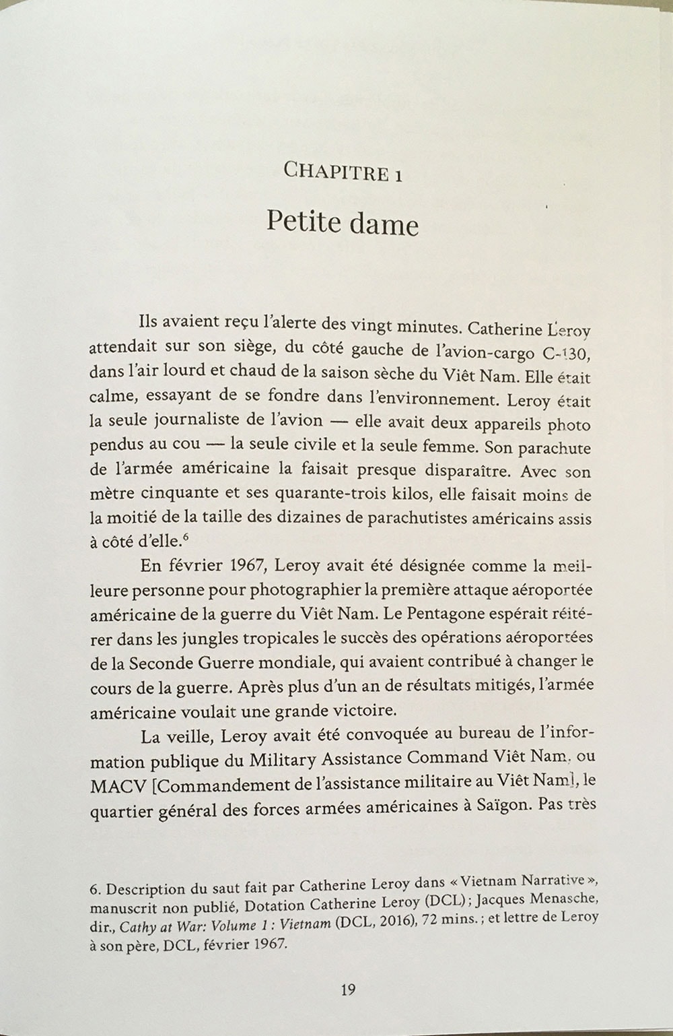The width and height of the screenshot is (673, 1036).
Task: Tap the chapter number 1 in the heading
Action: click(398, 174)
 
